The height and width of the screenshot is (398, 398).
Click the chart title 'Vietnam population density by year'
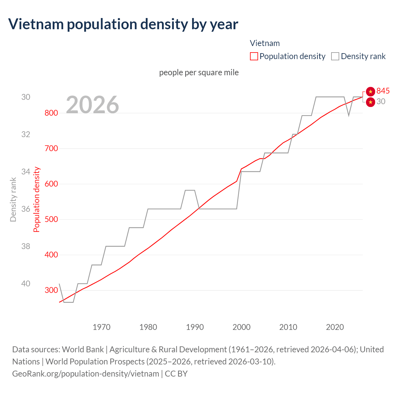click(x=123, y=24)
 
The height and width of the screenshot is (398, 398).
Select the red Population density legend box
click(x=254, y=56)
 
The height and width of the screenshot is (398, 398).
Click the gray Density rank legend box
click(x=335, y=56)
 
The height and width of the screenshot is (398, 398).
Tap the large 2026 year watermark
click(x=92, y=105)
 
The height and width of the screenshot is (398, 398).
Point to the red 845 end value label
click(x=383, y=91)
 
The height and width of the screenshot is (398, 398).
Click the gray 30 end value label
click(x=381, y=101)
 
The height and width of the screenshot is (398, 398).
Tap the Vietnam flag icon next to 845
click(x=370, y=91)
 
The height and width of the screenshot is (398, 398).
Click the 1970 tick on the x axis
click(x=102, y=327)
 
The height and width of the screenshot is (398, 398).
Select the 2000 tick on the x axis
click(x=242, y=327)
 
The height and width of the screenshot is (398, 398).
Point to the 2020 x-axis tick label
click(x=335, y=327)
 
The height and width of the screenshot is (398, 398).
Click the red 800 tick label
click(x=51, y=113)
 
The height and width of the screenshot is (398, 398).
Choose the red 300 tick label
click(x=51, y=290)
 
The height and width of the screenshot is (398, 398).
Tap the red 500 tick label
click(x=51, y=219)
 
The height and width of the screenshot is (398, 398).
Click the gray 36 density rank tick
click(x=26, y=209)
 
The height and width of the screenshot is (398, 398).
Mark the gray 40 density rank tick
click(x=26, y=284)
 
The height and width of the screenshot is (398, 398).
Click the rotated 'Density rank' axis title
click(x=13, y=200)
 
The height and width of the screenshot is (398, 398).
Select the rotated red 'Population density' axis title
click(x=37, y=200)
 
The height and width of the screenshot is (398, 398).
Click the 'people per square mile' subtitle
click(x=199, y=72)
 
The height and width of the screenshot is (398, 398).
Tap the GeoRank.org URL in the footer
click(x=86, y=373)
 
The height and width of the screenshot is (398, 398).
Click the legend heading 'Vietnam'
click(x=265, y=43)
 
